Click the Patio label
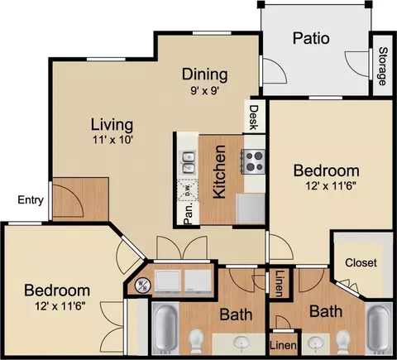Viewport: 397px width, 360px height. click(311, 38)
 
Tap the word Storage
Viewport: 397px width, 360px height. click(382, 66)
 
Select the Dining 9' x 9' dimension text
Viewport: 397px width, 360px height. click(204, 90)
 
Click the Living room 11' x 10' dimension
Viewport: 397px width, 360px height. click(112, 140)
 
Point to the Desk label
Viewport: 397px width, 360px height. click(254, 118)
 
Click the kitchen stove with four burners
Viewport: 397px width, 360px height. click(253, 161)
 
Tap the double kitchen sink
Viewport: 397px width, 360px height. click(189, 163)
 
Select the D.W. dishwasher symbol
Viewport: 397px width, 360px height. click(188, 190)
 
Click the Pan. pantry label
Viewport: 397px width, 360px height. click(188, 214)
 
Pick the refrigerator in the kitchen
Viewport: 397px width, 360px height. click(251, 209)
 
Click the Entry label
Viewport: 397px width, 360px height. click(31, 200)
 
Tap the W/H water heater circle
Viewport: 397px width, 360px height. click(143, 285)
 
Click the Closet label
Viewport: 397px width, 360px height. click(361, 262)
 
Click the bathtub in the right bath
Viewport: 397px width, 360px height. click(379, 329)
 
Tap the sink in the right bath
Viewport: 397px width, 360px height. click(315, 343)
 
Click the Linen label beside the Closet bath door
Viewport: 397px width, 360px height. click(280, 283)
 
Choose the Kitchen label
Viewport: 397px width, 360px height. click(220, 171)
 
